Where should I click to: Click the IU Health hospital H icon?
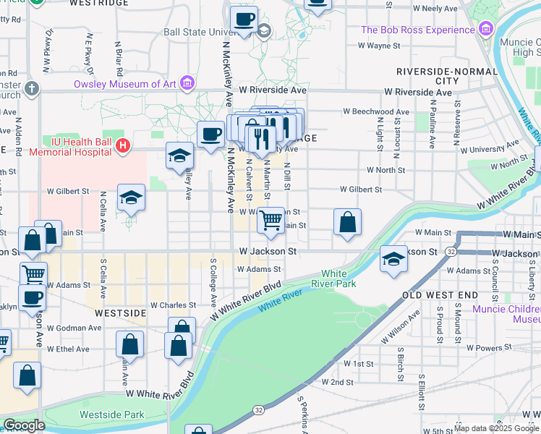point(123,145)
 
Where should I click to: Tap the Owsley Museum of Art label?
point(126,84)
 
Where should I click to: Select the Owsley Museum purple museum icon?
point(187,84)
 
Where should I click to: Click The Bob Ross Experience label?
point(417,30)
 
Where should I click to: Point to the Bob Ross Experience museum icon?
point(485,30)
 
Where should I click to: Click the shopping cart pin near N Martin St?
point(271,220)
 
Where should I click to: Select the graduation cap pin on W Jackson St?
point(393,260)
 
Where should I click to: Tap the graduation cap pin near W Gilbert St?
point(131,197)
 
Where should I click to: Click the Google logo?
point(24,425)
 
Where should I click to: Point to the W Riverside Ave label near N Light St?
point(418,93)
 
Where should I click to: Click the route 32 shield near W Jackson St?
point(451,251)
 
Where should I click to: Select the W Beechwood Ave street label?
point(376,112)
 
